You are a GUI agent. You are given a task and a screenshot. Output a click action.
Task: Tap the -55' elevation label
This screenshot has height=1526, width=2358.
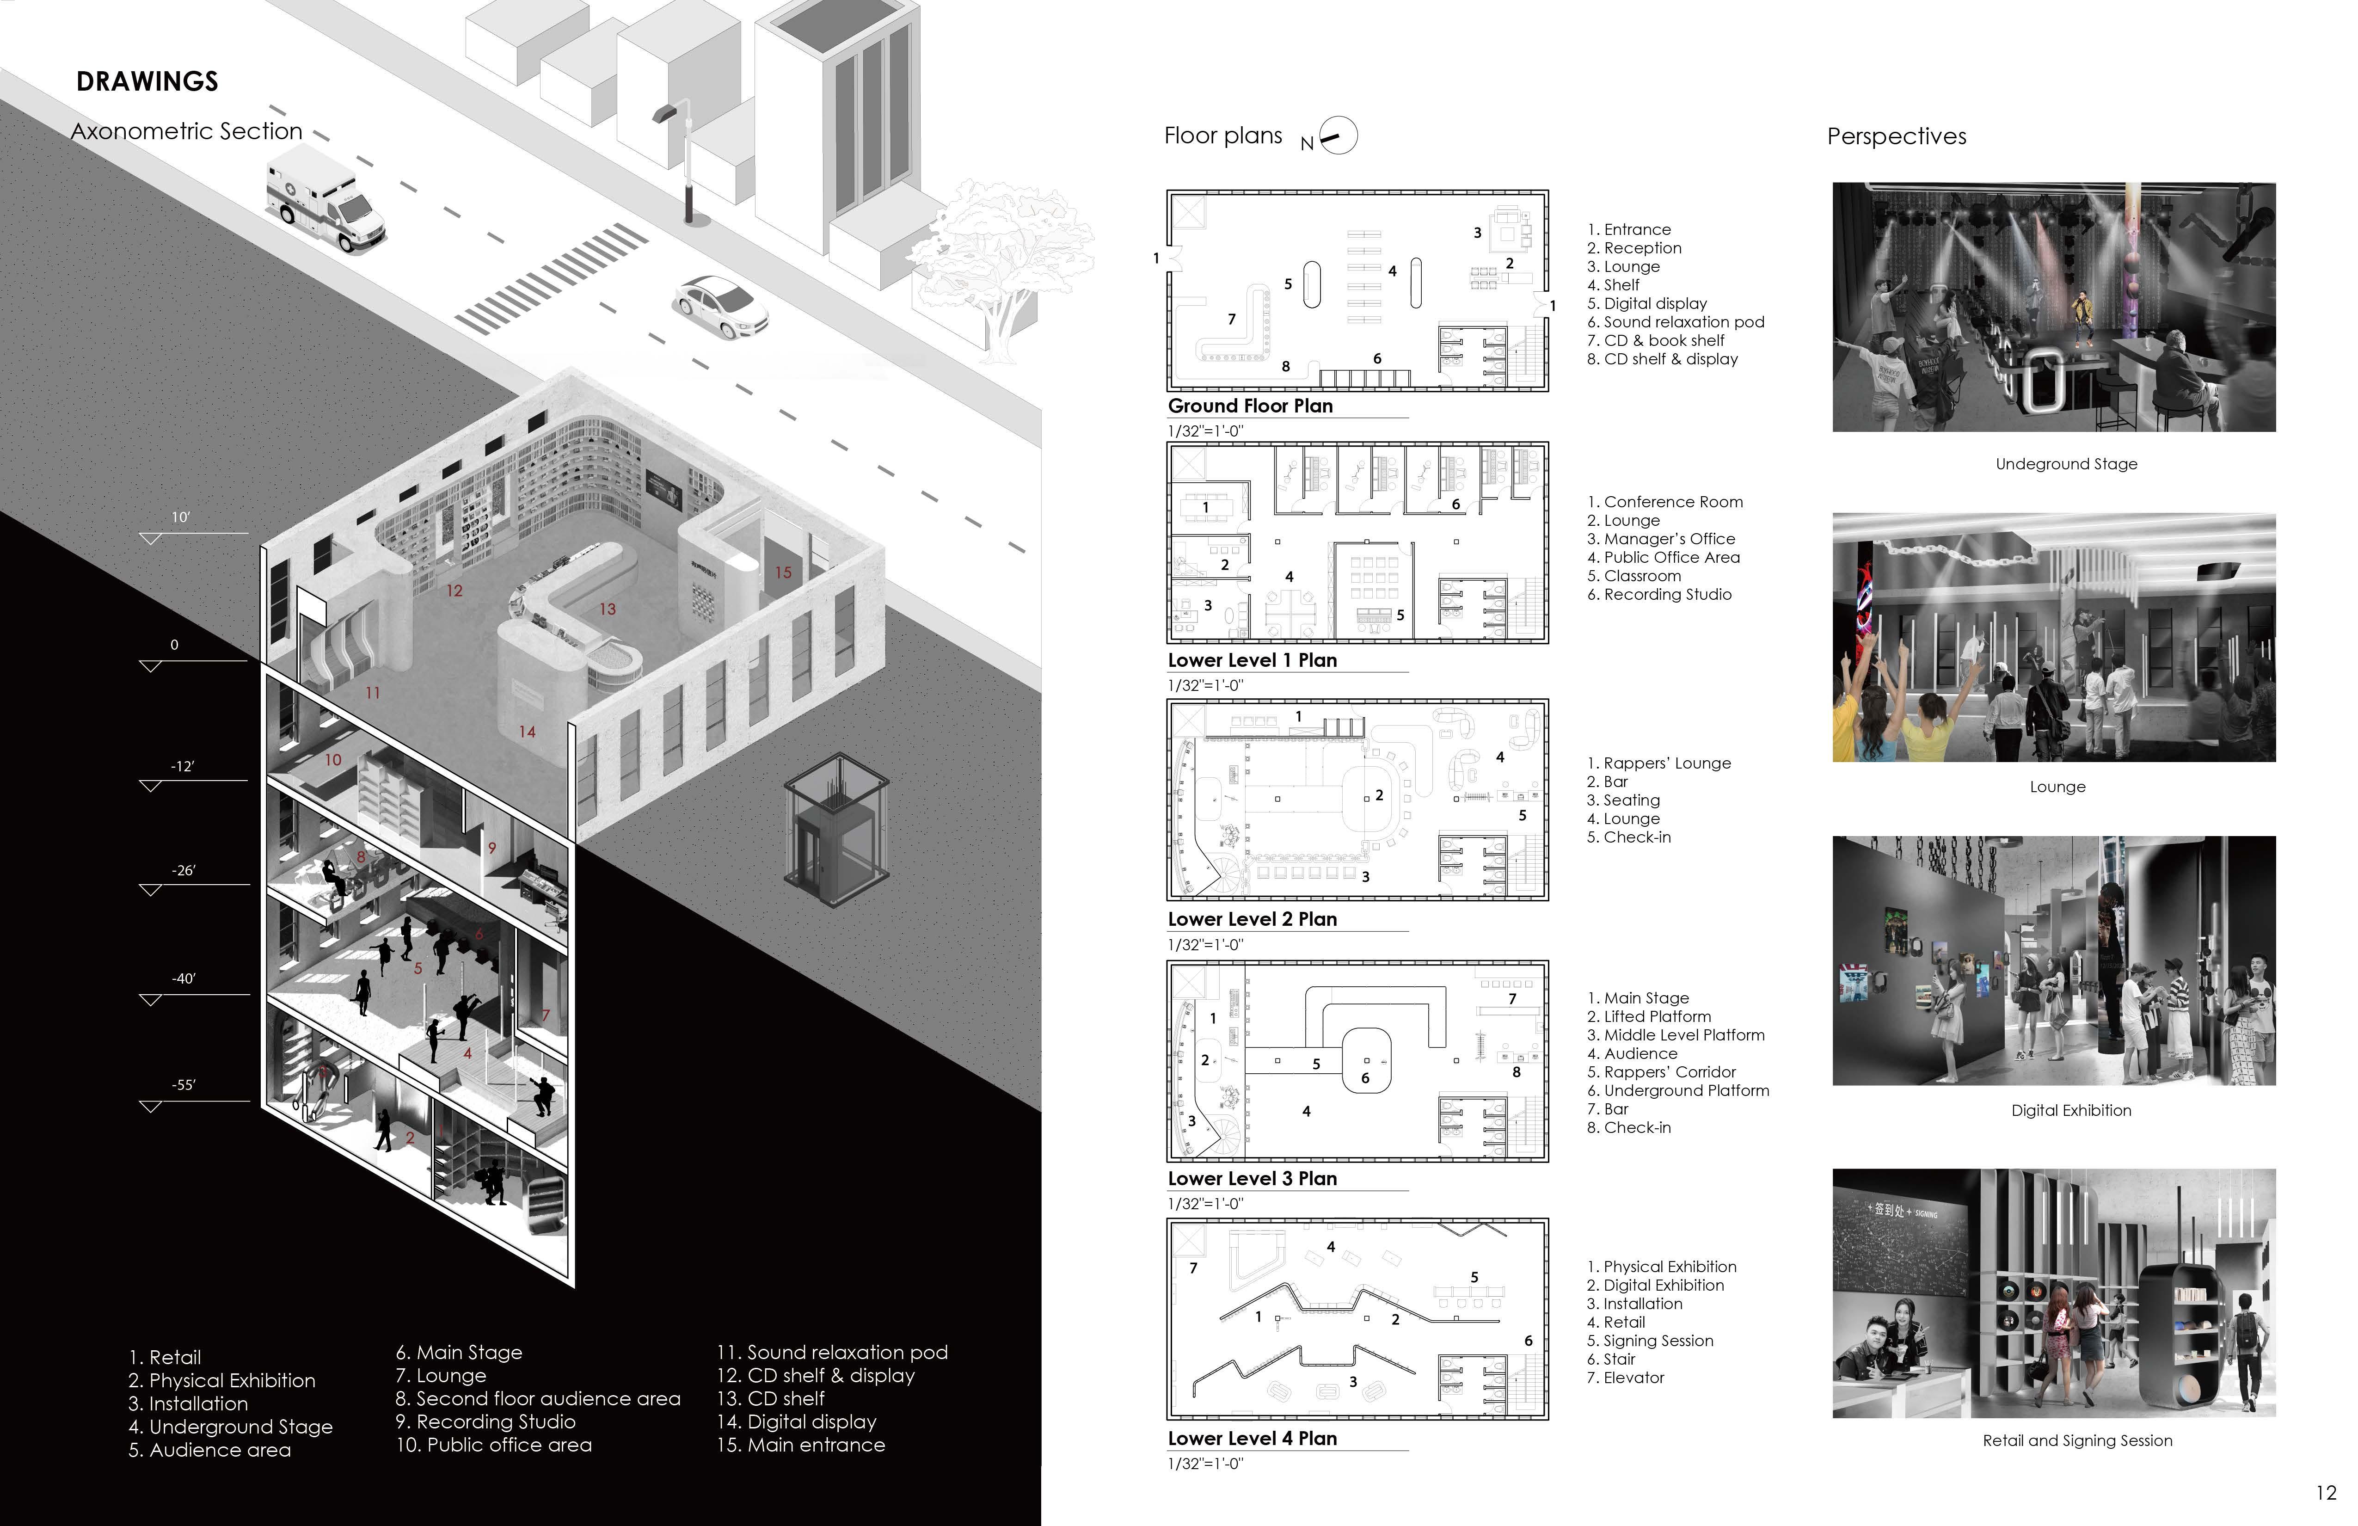click(183, 1085)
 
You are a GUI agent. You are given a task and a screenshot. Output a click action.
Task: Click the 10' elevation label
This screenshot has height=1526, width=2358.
click(180, 517)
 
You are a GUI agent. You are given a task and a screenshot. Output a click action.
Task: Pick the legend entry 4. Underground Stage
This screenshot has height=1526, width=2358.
click(230, 1427)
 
